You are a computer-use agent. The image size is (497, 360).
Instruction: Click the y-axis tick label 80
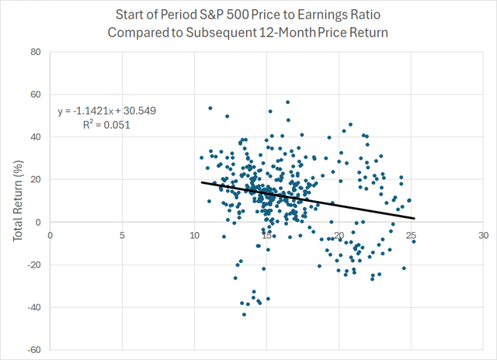pos(35,53)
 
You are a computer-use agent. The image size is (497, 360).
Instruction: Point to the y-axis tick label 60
pos(35,95)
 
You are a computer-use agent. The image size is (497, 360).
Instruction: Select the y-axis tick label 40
pos(35,137)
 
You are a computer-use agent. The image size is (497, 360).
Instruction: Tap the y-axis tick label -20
pos(33,265)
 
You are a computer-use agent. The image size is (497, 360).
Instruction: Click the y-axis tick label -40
pos(33,307)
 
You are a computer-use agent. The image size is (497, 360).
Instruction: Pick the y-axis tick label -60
pos(33,350)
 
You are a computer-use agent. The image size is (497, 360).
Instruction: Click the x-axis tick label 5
pos(122,234)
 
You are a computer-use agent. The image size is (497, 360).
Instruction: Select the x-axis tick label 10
pos(194,234)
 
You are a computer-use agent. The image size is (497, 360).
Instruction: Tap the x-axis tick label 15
pos(266,234)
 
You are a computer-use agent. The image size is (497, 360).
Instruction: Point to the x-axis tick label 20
pos(339,234)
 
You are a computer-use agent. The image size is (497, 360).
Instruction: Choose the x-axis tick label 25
pos(411,234)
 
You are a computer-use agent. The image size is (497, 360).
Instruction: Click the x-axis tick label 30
pos(483,234)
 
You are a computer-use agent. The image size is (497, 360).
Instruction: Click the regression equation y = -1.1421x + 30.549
pos(106,111)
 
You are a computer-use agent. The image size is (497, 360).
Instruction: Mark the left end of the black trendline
pos(202,182)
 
